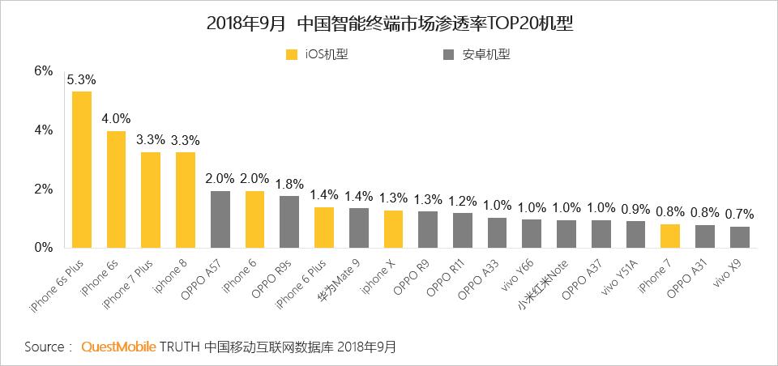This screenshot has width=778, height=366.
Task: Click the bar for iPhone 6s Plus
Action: (82, 169)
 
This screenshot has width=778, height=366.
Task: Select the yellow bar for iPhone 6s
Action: (116, 189)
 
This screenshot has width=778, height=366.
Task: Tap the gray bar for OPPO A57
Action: (220, 219)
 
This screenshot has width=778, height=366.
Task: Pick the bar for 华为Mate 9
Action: (359, 228)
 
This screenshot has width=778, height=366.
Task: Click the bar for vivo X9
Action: (740, 237)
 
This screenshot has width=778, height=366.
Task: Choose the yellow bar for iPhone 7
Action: (670, 236)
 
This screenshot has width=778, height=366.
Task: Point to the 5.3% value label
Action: (81, 80)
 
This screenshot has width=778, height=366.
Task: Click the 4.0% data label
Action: (116, 119)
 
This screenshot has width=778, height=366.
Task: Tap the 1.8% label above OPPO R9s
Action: (289, 184)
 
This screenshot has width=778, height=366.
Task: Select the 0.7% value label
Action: (740, 215)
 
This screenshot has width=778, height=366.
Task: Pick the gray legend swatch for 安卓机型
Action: (448, 54)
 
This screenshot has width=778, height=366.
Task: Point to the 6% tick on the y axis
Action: (43, 71)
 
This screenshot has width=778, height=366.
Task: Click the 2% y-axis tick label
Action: (43, 189)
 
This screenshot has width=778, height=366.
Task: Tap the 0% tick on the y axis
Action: (43, 248)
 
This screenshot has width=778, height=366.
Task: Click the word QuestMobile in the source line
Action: (119, 347)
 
